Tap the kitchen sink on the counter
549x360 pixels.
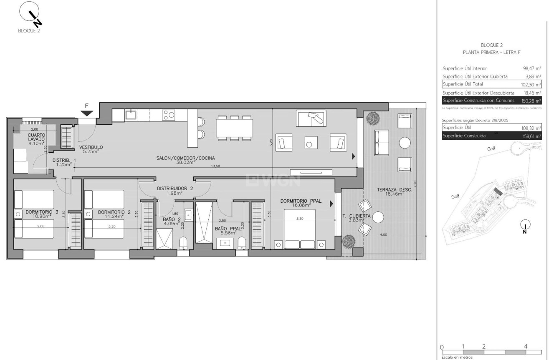[131, 114]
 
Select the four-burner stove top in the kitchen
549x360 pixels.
[169, 115]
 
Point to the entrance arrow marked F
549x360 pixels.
[87, 113]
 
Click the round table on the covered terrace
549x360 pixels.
[378, 217]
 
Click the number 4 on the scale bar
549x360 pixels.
[526, 346]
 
